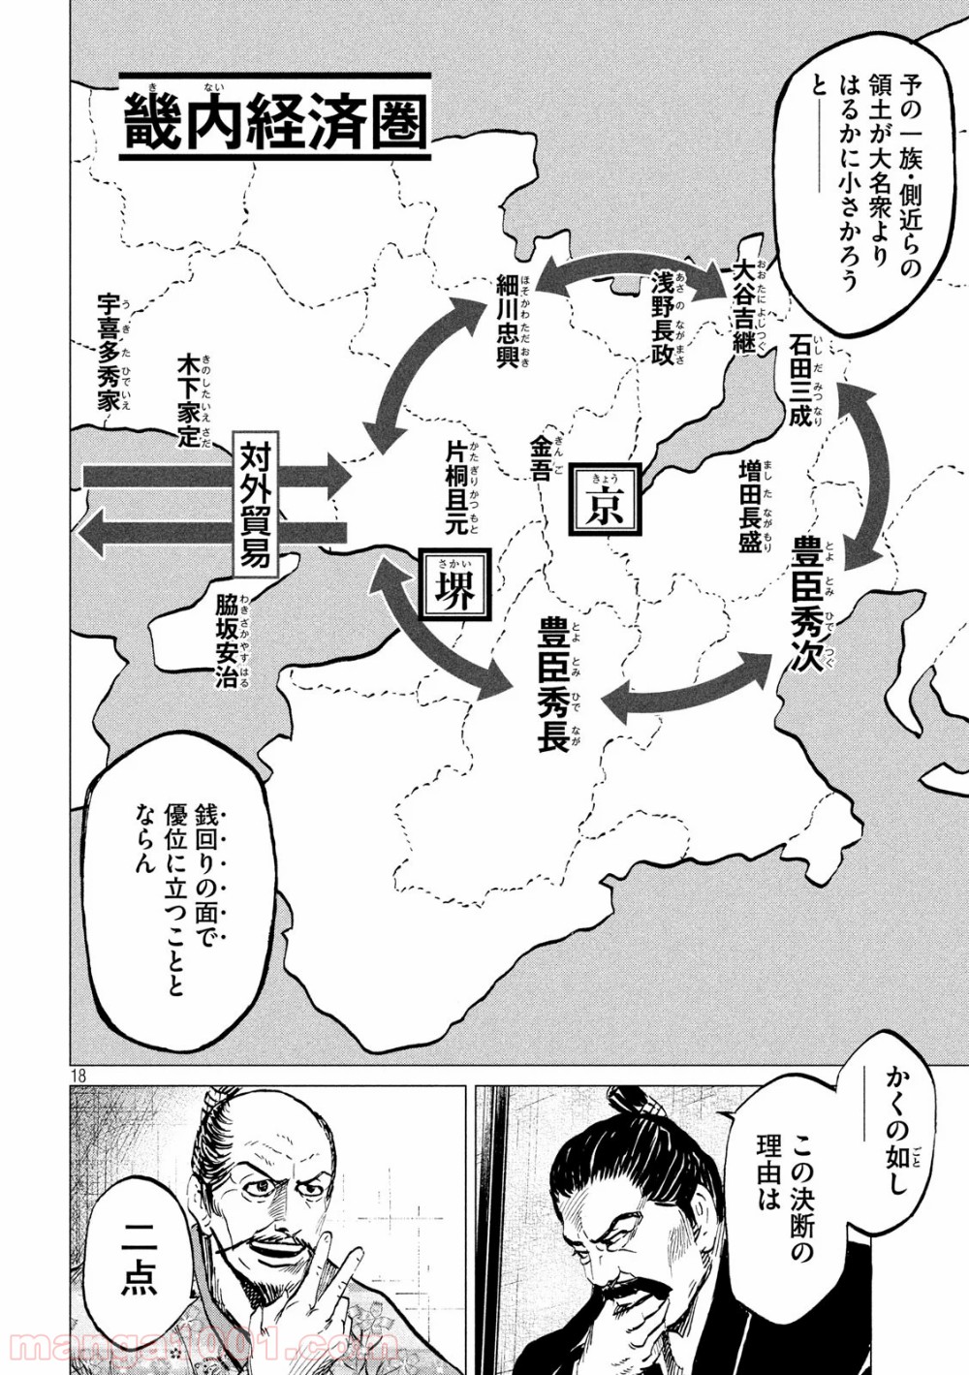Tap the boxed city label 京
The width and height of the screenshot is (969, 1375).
pyautogui.click(x=605, y=500)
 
